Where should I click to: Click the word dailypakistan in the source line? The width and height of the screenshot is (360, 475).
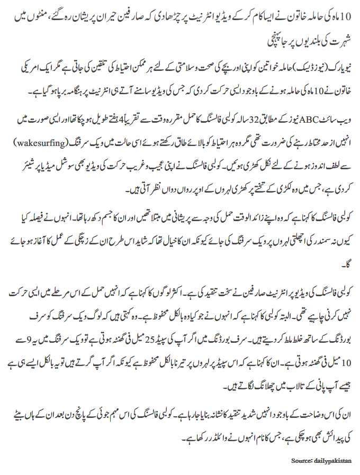point(334,461)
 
